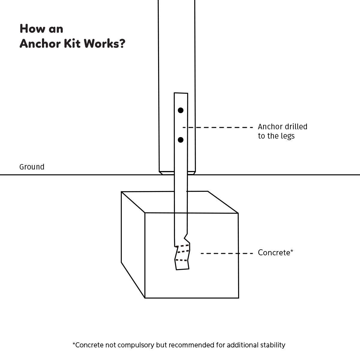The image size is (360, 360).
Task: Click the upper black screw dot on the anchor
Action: [x=181, y=110]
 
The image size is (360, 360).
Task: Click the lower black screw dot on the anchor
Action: [x=181, y=140]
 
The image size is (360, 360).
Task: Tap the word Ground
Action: [x=32, y=167]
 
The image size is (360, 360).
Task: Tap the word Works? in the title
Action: [x=104, y=44]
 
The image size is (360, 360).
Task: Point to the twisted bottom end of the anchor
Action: [x=182, y=257]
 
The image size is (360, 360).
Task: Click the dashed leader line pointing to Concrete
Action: [x=227, y=253]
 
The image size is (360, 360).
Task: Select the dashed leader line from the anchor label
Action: [x=218, y=127]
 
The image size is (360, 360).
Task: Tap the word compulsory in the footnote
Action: [x=136, y=345]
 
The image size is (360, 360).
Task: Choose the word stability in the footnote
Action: [x=273, y=345]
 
